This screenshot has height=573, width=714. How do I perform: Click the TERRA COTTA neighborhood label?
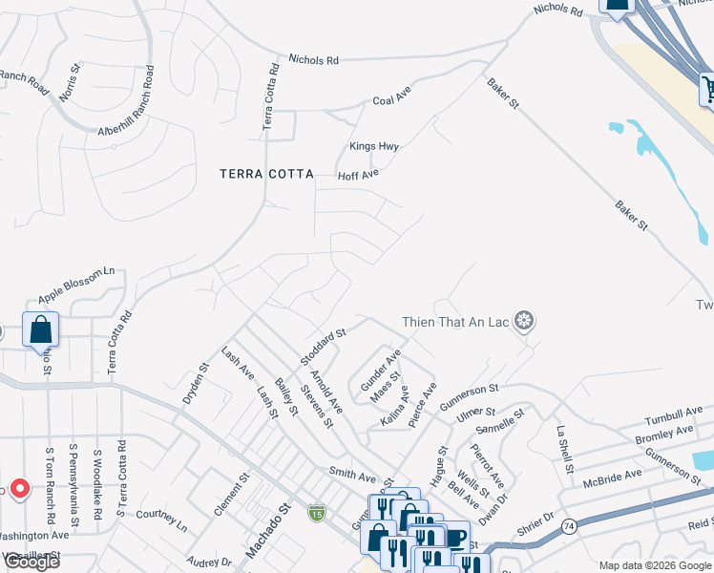266,174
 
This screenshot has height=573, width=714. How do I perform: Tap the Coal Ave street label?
390,99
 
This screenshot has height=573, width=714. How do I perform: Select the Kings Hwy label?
373,146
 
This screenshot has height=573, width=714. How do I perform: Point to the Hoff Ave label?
358,175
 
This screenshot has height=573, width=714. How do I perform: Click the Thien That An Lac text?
454,322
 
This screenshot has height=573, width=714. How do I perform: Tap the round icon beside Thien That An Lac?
523,322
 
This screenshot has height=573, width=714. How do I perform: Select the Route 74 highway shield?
569,526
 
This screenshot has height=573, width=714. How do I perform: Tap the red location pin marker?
16,488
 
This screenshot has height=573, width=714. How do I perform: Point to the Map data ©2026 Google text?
654,565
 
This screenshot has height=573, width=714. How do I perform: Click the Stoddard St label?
322,346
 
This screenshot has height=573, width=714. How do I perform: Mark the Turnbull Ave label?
673,415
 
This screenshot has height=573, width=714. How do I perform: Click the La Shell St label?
563,449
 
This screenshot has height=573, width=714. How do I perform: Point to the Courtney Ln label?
160,520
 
